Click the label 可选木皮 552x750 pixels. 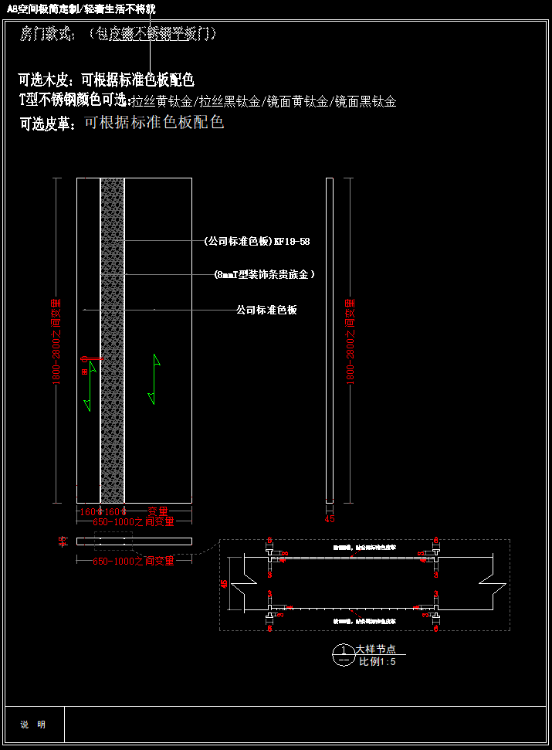click(44, 80)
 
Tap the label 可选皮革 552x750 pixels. click(47, 123)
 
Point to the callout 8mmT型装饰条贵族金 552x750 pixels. click(265, 274)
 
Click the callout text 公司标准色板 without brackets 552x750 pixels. click(266, 310)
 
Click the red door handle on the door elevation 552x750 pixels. click(84, 359)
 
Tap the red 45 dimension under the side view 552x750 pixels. click(330, 519)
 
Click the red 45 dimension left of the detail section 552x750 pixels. click(225, 585)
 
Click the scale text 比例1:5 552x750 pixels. click(377, 661)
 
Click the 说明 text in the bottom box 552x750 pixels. click(33, 725)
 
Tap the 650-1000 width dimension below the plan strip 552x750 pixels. click(134, 561)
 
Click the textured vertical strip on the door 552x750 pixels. click(113, 340)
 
